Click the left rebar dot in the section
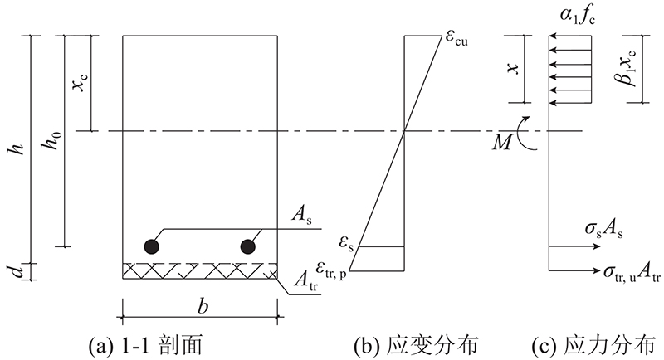point(151,246)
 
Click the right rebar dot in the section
point(247,246)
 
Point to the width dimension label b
point(203,306)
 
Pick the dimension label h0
point(52,140)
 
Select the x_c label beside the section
point(80,79)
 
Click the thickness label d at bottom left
point(17,271)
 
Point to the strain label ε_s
point(345,244)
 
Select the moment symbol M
point(502,144)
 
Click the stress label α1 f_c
point(578,16)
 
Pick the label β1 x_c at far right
point(627,68)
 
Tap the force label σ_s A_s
point(604,229)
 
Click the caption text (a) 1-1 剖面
point(144,345)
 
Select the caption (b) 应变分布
point(416,345)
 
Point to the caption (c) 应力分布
point(593,345)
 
